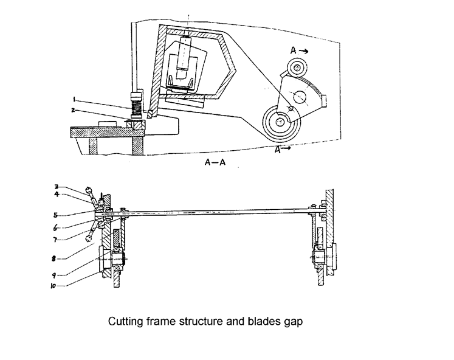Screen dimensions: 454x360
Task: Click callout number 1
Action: [x=74, y=100]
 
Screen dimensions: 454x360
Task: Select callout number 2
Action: [x=74, y=110]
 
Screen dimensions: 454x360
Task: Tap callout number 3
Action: [x=57, y=187]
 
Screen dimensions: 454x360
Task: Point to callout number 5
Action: [x=55, y=215]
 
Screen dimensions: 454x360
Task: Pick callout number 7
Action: [x=55, y=240]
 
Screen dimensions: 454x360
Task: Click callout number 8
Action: [x=53, y=258]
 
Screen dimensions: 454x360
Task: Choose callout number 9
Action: [x=54, y=275]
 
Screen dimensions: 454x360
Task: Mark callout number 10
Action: [x=53, y=286]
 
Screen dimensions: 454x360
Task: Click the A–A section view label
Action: [x=215, y=162]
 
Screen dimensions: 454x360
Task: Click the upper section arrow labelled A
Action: [x=300, y=51]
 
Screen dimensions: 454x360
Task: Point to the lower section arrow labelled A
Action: [x=283, y=150]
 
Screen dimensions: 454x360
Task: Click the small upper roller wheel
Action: [x=297, y=68]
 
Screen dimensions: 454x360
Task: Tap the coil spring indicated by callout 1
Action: [x=136, y=107]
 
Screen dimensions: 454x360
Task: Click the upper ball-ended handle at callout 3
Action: [x=92, y=196]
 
